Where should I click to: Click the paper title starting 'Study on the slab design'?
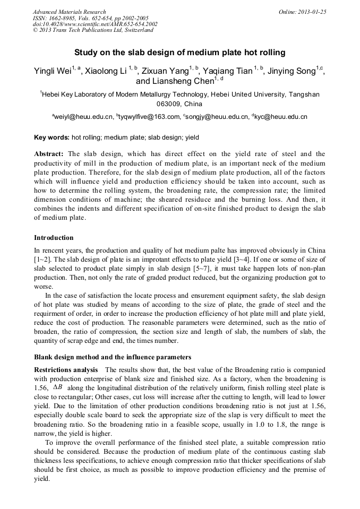[x=179, y=53]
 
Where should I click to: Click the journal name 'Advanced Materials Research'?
[x=70, y=12]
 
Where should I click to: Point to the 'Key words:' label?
[x=52, y=137]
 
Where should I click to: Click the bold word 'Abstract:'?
[x=49, y=154]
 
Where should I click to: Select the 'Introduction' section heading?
[x=54, y=237]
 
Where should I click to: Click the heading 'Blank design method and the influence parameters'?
[x=112, y=357]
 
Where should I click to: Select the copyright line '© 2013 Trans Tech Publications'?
[x=93, y=30]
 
